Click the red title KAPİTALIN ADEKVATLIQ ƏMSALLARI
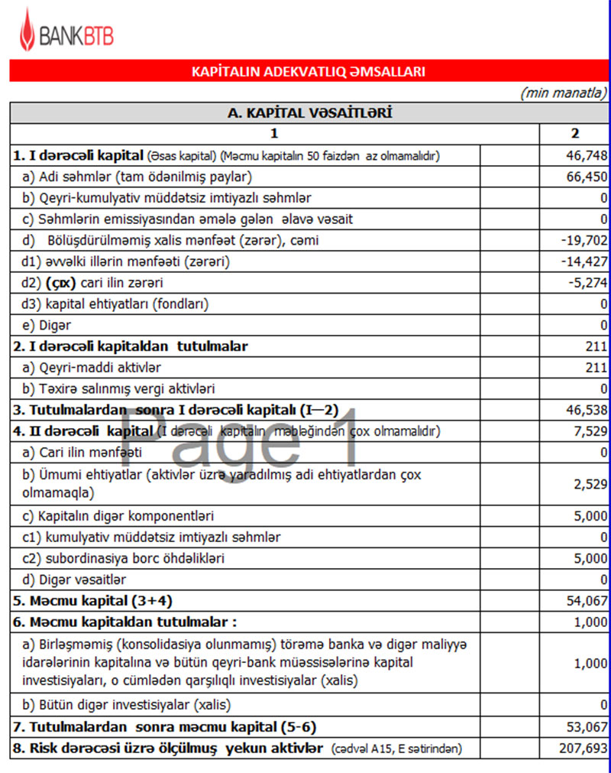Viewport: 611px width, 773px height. [308, 72]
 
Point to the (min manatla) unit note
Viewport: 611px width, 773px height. [563, 93]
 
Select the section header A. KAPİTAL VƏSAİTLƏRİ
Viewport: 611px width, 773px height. [310, 113]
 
